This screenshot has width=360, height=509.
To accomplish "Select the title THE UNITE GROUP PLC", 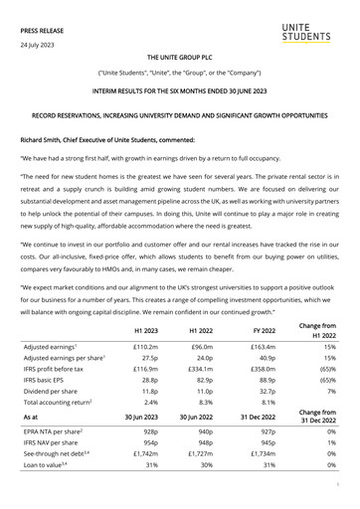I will [180, 60].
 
